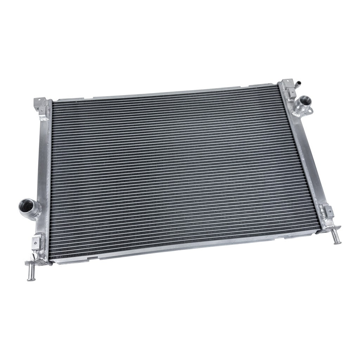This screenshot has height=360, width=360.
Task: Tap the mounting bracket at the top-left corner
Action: (x=42, y=102)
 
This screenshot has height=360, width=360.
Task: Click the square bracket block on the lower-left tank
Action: (x=36, y=242)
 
